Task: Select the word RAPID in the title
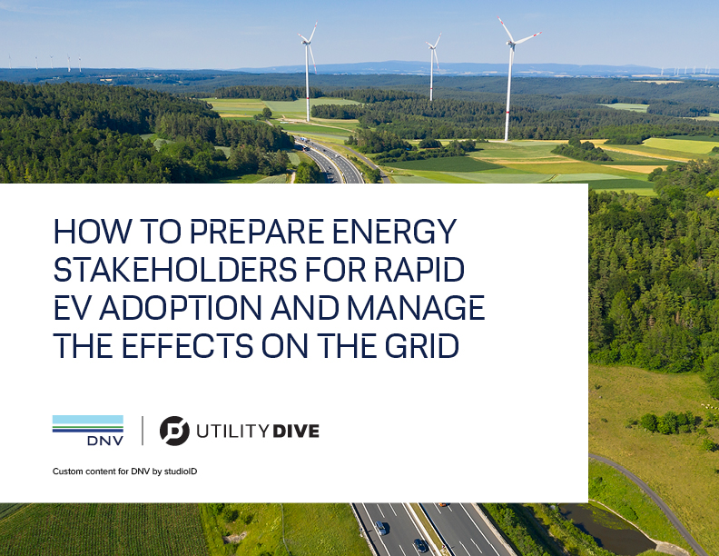pyautogui.click(x=419, y=269)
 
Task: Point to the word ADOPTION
pyautogui.click(x=181, y=307)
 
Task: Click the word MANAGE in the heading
pyautogui.click(x=416, y=307)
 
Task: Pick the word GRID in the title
pyautogui.click(x=421, y=345)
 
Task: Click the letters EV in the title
pyautogui.click(x=74, y=307)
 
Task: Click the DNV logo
pyautogui.click(x=88, y=431)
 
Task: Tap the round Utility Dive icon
pyautogui.click(x=174, y=431)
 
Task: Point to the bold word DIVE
pyautogui.click(x=296, y=432)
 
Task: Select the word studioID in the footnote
pyautogui.click(x=181, y=472)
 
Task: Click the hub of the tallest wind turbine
pyautogui.click(x=512, y=43)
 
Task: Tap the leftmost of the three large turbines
pyautogui.click(x=308, y=72)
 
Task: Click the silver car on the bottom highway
pyautogui.click(x=381, y=528)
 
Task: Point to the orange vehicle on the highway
pyautogui.click(x=442, y=504)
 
